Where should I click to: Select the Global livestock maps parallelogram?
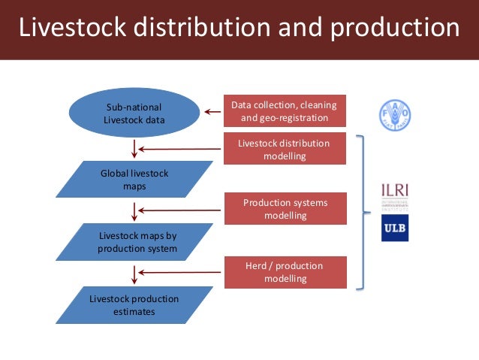134,180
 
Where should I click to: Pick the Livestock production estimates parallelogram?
134,304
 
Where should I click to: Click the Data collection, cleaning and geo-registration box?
285,111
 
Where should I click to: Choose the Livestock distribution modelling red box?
285,149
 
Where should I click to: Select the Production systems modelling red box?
285,209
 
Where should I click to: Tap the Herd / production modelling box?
285,272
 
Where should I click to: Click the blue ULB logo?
395,228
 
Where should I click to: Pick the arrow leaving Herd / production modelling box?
179,271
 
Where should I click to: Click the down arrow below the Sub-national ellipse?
134,149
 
